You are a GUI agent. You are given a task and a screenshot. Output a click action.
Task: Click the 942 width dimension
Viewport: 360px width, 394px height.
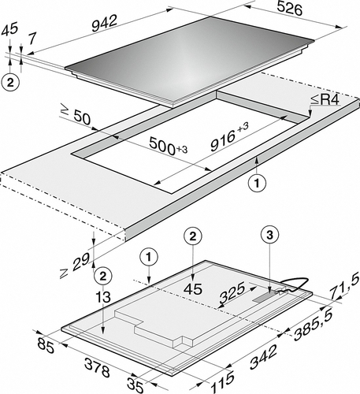(104, 23)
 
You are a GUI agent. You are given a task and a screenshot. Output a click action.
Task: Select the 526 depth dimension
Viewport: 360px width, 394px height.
(290, 9)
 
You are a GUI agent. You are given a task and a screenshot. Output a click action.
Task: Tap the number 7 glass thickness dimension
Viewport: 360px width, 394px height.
(32, 39)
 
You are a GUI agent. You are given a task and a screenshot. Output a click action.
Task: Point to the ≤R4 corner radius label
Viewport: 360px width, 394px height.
(325, 100)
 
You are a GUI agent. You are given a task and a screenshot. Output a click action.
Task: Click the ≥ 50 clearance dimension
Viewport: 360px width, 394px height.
(76, 117)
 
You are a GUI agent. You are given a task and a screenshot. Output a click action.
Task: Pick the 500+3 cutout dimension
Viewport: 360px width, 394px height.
(169, 147)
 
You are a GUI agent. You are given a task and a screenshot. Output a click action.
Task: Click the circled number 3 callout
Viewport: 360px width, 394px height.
(270, 236)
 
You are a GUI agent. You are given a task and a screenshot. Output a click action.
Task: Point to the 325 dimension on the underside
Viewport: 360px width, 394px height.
(232, 292)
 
